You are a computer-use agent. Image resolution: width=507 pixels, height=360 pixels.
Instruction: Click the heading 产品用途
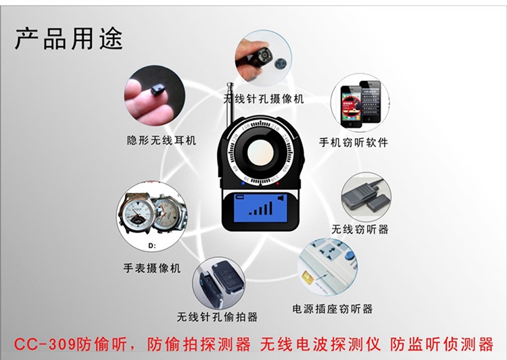(69, 38)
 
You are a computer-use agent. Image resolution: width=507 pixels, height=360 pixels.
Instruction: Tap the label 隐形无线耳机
(162, 140)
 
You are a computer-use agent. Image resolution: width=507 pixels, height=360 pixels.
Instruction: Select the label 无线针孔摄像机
(264, 99)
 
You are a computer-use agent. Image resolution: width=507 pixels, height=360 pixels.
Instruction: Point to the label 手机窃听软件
(354, 143)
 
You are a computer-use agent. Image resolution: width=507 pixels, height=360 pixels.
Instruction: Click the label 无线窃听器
(360, 229)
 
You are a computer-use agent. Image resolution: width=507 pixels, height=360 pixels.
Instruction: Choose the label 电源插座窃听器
(333, 309)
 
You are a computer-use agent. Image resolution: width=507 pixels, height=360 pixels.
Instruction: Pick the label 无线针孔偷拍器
(217, 317)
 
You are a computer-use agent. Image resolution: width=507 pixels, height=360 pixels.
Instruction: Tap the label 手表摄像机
(151, 268)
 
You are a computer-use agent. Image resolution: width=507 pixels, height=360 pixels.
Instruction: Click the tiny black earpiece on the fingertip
(158, 88)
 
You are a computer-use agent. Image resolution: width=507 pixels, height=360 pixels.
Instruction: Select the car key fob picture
(219, 282)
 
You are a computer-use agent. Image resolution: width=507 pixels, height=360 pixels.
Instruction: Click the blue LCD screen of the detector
(260, 207)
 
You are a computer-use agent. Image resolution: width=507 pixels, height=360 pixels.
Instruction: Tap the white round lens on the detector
(261, 153)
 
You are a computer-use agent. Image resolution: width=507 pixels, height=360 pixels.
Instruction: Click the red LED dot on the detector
(278, 183)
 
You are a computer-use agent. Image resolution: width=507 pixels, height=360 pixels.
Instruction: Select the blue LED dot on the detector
(243, 183)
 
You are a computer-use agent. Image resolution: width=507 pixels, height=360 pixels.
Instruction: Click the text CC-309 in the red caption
(45, 344)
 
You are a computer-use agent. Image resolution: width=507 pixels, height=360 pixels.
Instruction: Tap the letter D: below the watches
(152, 246)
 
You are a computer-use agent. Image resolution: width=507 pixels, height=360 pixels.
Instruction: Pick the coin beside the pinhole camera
(280, 63)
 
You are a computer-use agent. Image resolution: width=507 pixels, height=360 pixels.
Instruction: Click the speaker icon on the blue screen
(281, 198)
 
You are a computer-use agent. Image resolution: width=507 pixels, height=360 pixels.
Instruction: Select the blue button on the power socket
(348, 255)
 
